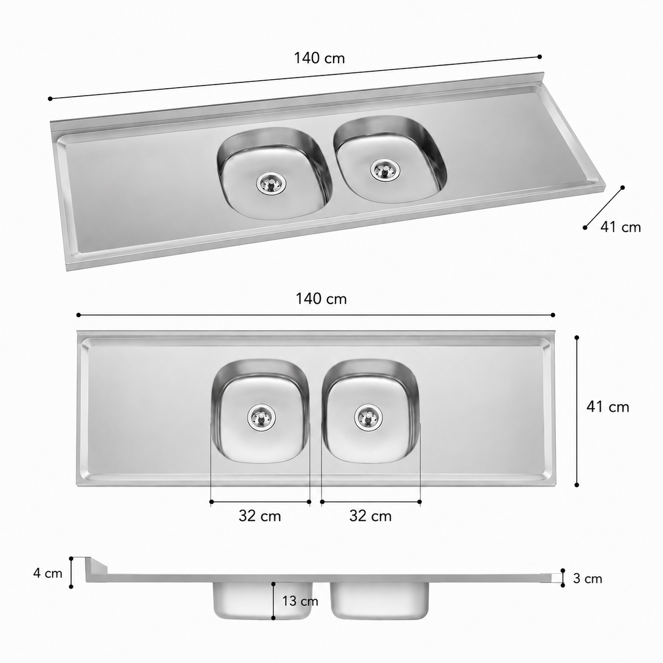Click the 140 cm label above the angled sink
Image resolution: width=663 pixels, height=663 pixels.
pos(319,58)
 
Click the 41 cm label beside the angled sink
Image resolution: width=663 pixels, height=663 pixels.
pos(621,227)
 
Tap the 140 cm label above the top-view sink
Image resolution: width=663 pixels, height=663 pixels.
pos(321,299)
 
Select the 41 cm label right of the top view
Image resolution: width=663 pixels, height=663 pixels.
pos(608,407)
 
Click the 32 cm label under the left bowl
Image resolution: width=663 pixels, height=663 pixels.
pos(260,516)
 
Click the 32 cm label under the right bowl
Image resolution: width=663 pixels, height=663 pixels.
pos(371,516)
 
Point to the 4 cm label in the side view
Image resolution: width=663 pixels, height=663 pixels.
pos(48,573)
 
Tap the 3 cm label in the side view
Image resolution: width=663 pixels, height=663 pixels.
pos(587,578)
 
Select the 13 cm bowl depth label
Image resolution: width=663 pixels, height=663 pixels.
pos(300,601)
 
